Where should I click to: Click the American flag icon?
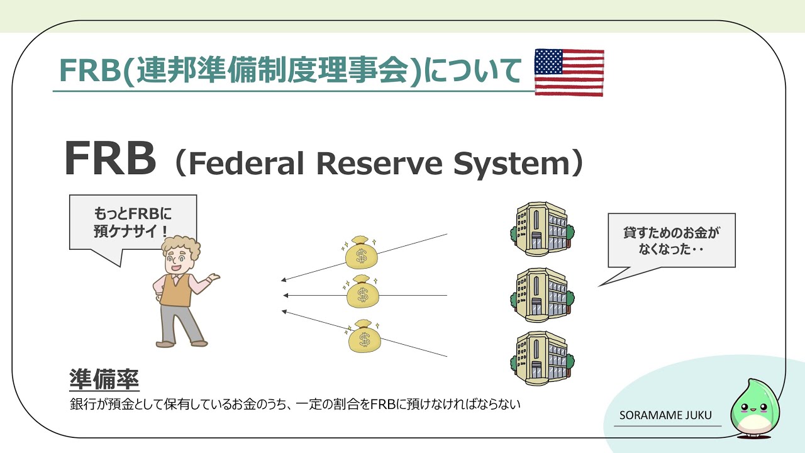pos(569,72)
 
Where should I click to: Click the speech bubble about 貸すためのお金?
pos(671,240)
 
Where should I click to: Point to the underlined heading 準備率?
pos(104,380)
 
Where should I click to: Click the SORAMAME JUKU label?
pos(666,417)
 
